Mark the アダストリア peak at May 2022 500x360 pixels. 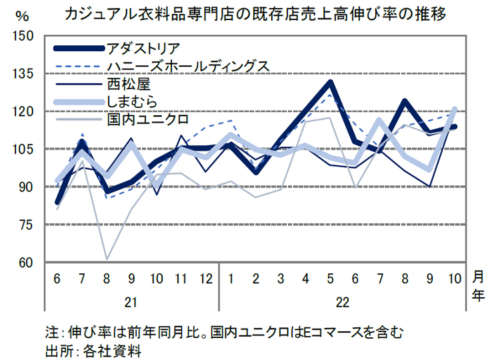coord(329,83)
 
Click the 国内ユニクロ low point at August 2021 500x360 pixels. coord(107,259)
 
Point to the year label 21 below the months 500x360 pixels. coord(131,302)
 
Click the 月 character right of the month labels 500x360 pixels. coord(478,278)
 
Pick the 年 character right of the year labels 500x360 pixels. coord(478,297)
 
